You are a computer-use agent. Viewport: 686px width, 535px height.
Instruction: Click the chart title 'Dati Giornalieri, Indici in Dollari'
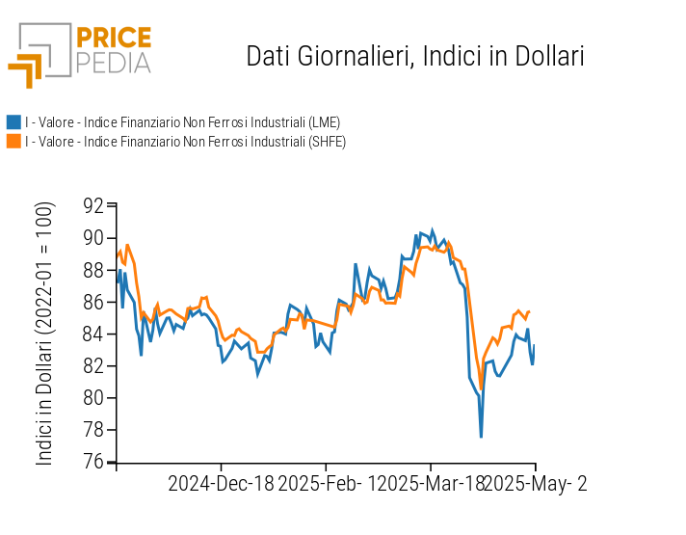(415, 56)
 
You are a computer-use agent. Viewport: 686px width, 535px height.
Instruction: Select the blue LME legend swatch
(13, 122)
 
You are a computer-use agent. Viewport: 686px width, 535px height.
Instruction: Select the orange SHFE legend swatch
(13, 142)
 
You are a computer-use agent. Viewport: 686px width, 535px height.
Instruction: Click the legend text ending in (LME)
(182, 122)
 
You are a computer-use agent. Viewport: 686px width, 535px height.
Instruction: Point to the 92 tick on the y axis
(93, 205)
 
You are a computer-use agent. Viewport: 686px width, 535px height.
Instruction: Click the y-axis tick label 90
(93, 237)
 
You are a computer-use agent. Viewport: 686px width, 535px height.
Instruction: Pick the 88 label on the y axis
(93, 270)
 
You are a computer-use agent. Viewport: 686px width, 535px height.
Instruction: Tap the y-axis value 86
(93, 302)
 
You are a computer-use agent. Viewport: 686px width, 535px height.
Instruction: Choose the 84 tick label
(93, 334)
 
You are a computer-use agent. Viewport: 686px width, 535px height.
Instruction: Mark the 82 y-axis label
(93, 366)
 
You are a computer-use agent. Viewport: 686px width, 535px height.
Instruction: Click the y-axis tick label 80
(93, 398)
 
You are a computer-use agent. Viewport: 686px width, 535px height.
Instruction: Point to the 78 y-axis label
(93, 430)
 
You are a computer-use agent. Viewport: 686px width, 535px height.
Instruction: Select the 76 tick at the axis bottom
(93, 462)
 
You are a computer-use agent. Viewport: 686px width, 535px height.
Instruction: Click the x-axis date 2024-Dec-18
(221, 484)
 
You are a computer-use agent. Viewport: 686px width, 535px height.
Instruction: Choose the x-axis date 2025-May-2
(535, 484)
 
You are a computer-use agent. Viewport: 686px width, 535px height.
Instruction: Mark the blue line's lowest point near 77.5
(481, 437)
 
